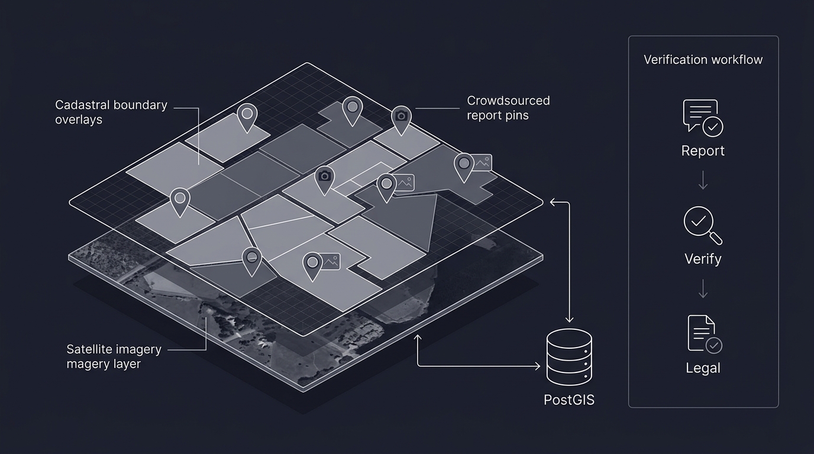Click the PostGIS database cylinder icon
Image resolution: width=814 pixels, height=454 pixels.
tap(568, 357)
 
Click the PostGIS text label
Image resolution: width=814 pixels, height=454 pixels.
tap(568, 400)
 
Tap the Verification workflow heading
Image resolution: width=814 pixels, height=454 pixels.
tap(703, 60)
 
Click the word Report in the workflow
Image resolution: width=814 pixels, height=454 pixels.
tap(703, 151)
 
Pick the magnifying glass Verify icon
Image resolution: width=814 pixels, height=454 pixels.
tap(702, 225)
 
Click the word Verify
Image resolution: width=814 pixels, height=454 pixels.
tap(703, 259)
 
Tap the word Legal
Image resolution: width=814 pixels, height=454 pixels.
tap(703, 368)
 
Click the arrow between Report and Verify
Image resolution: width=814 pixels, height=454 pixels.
tap(703, 180)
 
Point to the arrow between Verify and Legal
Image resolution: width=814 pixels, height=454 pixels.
tap(703, 288)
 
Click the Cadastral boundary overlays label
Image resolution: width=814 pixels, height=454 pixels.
tap(111, 112)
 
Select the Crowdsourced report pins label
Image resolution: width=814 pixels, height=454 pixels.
tap(508, 108)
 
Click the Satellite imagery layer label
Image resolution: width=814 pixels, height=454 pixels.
tap(114, 356)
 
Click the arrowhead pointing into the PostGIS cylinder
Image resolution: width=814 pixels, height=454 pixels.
tap(537, 367)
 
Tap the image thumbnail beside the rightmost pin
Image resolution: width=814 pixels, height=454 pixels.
tap(483, 163)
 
